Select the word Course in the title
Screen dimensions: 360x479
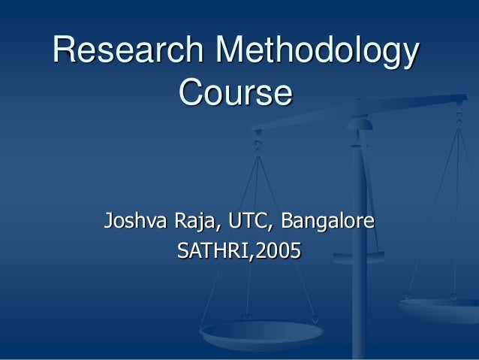[x=235, y=95]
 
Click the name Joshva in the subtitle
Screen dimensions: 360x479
[x=137, y=222]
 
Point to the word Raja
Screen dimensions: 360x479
[x=196, y=222]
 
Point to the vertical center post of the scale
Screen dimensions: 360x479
[x=359, y=248]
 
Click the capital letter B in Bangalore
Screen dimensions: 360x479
[x=288, y=222]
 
